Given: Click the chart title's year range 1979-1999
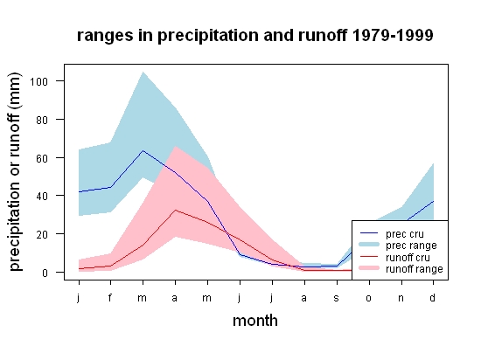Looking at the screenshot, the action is coord(393,35).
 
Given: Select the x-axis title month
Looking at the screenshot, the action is coord(255,321).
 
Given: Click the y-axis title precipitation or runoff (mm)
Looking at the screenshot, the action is coord(15,172).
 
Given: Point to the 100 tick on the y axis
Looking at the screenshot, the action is coord(39,81).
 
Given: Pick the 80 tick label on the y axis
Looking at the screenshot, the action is coord(42,120).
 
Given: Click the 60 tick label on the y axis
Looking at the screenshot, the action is coord(42,158).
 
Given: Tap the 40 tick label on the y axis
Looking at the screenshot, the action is coord(42,196).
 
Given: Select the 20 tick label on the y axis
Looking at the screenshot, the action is coord(42,234).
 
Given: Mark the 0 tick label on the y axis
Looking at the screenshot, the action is coord(45,273).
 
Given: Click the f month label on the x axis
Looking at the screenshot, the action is coord(110,297).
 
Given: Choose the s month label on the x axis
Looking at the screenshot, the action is coord(337,298).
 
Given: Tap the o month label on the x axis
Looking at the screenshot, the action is coord(369,298).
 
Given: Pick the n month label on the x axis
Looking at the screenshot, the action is coord(401,298).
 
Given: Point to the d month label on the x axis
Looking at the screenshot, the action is coord(433,297).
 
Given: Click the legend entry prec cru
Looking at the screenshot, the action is coord(392,234).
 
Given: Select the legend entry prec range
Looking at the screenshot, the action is coord(398,246).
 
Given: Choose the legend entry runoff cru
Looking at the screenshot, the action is coord(395,258).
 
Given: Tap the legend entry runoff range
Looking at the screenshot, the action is coord(401,269).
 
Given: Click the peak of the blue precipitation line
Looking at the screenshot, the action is coord(143,151).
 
